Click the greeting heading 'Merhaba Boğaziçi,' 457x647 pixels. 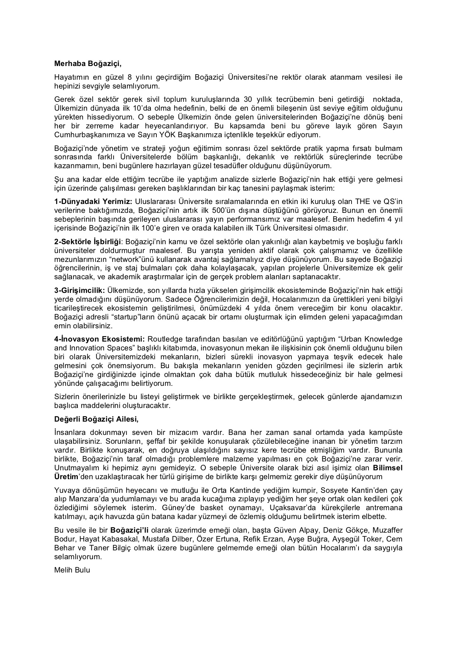pyautogui.click(x=88, y=63)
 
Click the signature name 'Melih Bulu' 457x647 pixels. pyautogui.click(x=72, y=570)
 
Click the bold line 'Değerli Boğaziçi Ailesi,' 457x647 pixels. pyautogui.click(x=96, y=419)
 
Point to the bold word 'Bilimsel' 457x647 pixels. pyautogui.click(x=388, y=468)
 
